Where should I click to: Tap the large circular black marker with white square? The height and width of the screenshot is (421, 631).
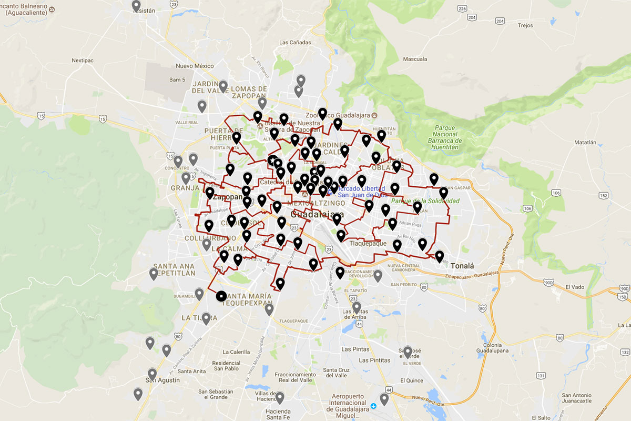[221, 296]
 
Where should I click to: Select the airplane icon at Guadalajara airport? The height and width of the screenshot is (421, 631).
[373, 406]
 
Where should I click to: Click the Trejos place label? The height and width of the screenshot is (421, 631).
[525, 25]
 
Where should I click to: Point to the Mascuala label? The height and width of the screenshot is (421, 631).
[415, 59]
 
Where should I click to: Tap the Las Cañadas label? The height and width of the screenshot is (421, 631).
[295, 43]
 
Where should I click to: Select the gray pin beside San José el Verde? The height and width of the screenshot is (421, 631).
[408, 351]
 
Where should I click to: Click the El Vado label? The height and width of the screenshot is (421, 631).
[575, 287]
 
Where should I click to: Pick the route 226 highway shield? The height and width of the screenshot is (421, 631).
[462, 9]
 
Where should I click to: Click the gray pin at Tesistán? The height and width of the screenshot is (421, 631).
[136, 6]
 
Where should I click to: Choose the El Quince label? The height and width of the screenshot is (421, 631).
[411, 380]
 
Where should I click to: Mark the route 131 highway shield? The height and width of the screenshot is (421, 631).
[541, 375]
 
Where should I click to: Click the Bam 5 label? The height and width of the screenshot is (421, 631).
[177, 80]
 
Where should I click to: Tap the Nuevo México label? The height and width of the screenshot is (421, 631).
[195, 66]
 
